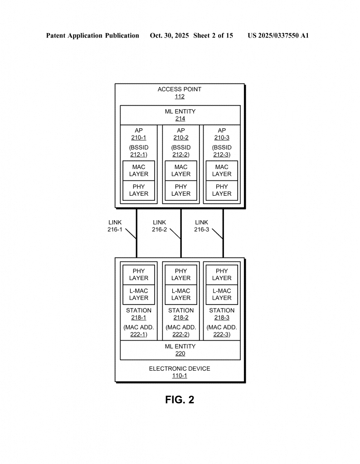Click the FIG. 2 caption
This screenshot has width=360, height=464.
coord(180,400)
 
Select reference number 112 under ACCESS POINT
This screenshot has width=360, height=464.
coord(180,97)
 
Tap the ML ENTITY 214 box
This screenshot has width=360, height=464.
coord(180,115)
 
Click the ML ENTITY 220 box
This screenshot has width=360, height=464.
coord(180,350)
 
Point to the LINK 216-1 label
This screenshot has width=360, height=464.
coord(115,226)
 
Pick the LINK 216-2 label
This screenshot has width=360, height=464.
coord(159,226)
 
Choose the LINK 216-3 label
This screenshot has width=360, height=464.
coord(202,226)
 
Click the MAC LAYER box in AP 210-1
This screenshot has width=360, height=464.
coord(139,171)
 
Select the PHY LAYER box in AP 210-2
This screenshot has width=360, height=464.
coord(181,190)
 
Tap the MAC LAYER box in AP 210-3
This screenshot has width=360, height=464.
coord(222,171)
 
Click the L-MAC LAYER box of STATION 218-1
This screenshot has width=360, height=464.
coord(139,295)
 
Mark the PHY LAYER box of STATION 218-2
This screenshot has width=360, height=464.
coord(181,275)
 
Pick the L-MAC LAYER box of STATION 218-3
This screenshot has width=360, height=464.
coord(222,295)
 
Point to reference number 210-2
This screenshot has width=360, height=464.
coord(181,138)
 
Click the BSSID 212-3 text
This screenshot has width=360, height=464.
coord(222,151)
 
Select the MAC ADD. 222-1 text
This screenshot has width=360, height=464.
coord(139,331)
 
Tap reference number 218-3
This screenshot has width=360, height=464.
coord(222,318)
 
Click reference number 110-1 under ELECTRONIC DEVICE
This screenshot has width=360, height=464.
coord(180,376)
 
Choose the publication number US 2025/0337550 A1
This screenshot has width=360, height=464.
coord(278,35)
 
